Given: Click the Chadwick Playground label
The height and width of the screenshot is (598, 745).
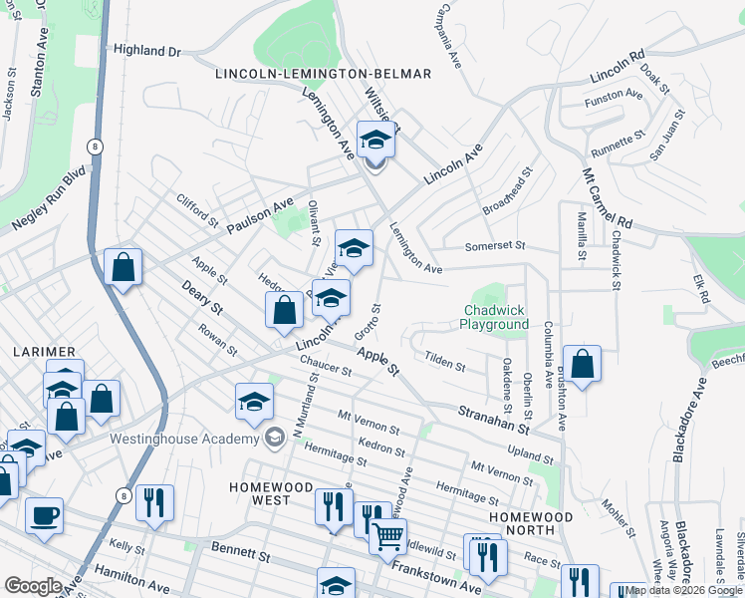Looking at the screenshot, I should pos(495,318).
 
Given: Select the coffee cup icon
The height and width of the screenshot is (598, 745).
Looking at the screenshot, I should pos(44,516).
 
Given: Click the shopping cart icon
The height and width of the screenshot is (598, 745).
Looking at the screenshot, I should pos(387,537).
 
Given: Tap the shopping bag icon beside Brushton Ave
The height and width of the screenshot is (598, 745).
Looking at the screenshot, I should pos(582,365).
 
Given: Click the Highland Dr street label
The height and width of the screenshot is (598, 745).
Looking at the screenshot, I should pos(147,50).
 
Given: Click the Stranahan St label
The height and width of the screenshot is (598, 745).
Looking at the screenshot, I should pos(492,419).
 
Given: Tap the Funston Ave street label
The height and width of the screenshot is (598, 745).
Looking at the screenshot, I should pos(615,95).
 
